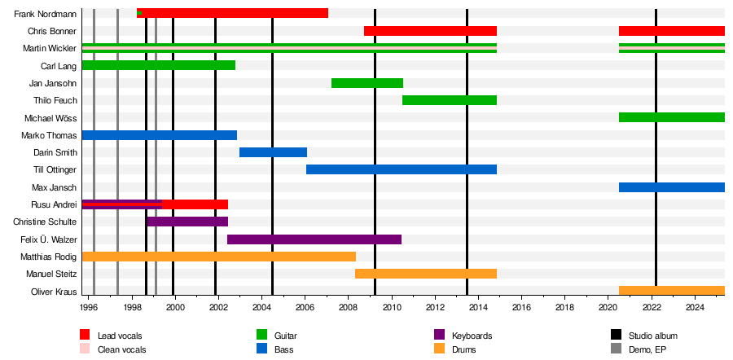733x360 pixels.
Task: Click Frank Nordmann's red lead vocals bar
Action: point(236,13)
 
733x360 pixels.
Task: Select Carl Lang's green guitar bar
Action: point(159,65)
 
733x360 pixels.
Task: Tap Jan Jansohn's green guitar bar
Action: point(367,83)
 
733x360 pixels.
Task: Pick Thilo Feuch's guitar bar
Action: point(450,100)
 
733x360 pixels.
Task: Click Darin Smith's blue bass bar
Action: point(273,152)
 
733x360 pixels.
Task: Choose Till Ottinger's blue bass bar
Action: point(402,169)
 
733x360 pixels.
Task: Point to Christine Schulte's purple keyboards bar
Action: point(187,222)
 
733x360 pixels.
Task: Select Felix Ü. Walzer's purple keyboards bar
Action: point(314,239)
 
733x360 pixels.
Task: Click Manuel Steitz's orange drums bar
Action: point(426,274)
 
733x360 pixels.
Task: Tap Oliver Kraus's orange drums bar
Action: point(672,291)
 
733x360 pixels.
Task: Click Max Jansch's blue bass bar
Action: point(672,187)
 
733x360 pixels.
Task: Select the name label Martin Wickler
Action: point(50,49)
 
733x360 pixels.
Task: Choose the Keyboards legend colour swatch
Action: point(439,335)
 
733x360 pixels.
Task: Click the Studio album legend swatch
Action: point(617,335)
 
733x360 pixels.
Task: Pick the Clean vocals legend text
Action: point(122,349)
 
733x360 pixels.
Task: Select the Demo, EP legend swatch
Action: point(617,349)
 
